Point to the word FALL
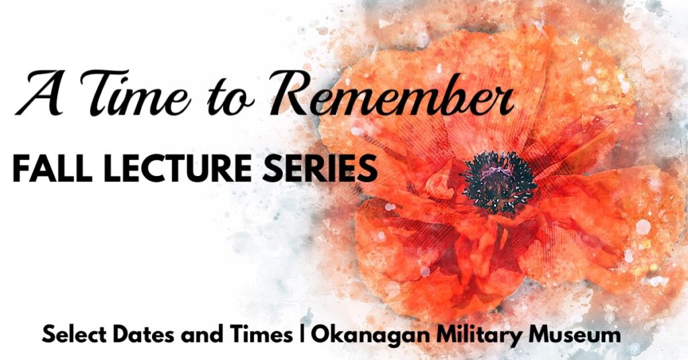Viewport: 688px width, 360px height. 52,168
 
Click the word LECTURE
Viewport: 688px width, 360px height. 180,168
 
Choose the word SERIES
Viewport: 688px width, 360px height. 319,168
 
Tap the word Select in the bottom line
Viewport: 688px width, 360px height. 74,335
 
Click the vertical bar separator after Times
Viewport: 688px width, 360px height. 301,335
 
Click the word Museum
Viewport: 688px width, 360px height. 575,335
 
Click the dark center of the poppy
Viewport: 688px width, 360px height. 499,182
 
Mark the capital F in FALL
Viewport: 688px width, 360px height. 21,168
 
